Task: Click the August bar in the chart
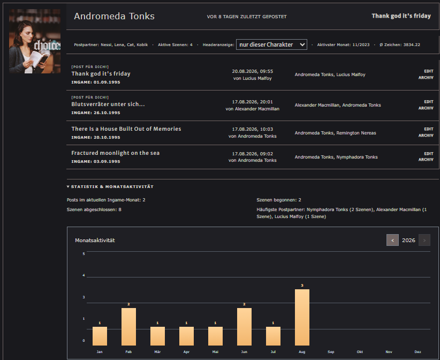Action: (x=302, y=317)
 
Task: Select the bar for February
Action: (x=128, y=327)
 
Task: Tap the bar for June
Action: (x=244, y=327)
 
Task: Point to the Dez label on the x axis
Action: (x=418, y=352)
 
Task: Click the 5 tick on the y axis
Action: (x=84, y=254)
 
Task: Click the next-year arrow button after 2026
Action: (x=424, y=240)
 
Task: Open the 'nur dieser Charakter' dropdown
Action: (x=271, y=44)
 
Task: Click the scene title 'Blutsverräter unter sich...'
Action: (x=108, y=104)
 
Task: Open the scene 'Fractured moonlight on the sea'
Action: (x=115, y=153)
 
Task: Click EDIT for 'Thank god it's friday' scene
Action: (x=429, y=71)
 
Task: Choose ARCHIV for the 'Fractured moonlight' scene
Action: (x=426, y=160)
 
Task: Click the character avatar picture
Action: (x=35, y=41)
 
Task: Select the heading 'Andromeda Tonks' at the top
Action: (x=114, y=16)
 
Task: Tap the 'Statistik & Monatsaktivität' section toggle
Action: (x=110, y=187)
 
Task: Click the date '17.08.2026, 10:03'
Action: (x=252, y=129)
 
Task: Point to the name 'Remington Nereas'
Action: (x=356, y=133)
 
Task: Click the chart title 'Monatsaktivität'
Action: (x=95, y=241)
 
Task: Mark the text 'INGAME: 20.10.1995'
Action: (x=96, y=137)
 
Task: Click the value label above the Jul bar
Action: (x=273, y=323)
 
